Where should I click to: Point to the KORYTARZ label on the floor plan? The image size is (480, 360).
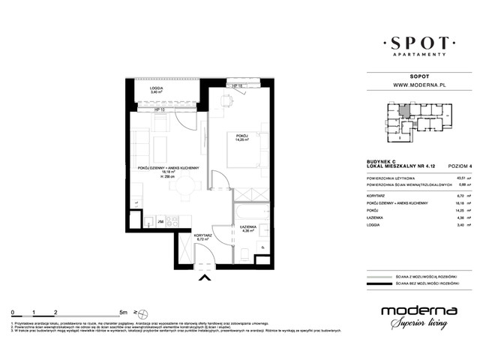coord(202,235)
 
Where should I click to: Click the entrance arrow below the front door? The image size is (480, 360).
coord(202,280)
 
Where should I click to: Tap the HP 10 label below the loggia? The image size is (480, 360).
coord(160,110)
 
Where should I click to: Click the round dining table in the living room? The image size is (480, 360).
coord(175,190)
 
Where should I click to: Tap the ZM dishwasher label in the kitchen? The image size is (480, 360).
coord(160,222)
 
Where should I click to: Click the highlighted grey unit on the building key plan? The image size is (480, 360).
coord(404,112)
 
